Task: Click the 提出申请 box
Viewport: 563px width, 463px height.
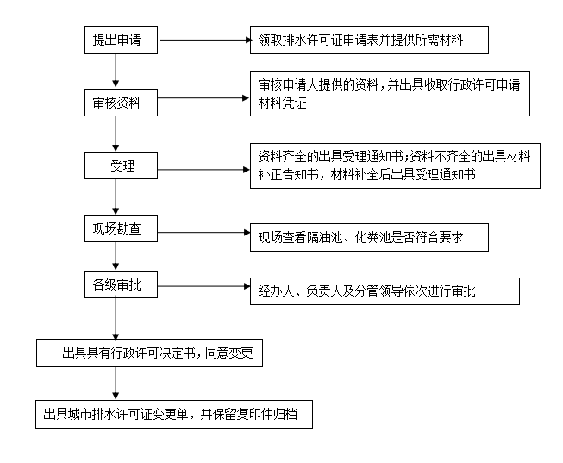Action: point(121,40)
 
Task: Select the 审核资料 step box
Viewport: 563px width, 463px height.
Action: point(121,103)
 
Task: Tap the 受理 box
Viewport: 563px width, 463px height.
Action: point(121,166)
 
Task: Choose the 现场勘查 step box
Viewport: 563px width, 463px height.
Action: point(121,228)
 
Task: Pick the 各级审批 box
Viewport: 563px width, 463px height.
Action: point(121,285)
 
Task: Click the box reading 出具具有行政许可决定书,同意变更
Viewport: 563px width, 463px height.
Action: point(149,354)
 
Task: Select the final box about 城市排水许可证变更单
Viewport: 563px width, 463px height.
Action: point(174,414)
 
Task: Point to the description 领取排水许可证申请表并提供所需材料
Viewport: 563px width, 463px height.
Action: point(369,40)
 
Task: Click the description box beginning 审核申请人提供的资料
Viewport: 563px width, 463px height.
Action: point(390,93)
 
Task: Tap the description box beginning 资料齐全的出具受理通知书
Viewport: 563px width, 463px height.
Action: point(395,166)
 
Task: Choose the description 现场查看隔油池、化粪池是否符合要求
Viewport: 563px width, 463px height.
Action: point(369,237)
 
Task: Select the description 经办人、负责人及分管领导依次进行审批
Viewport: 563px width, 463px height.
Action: point(385,291)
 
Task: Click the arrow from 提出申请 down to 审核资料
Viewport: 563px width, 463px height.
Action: point(116,71)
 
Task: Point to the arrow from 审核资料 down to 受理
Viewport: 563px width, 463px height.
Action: point(116,134)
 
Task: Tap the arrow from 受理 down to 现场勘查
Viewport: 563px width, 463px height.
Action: point(116,197)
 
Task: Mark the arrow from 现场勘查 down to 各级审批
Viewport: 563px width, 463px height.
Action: point(116,256)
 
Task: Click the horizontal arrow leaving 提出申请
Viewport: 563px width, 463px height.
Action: point(204,40)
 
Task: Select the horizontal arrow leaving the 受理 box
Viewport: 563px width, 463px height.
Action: point(203,170)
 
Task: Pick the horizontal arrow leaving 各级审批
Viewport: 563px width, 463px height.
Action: point(203,286)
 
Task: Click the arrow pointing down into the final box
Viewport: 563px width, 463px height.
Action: point(116,384)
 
